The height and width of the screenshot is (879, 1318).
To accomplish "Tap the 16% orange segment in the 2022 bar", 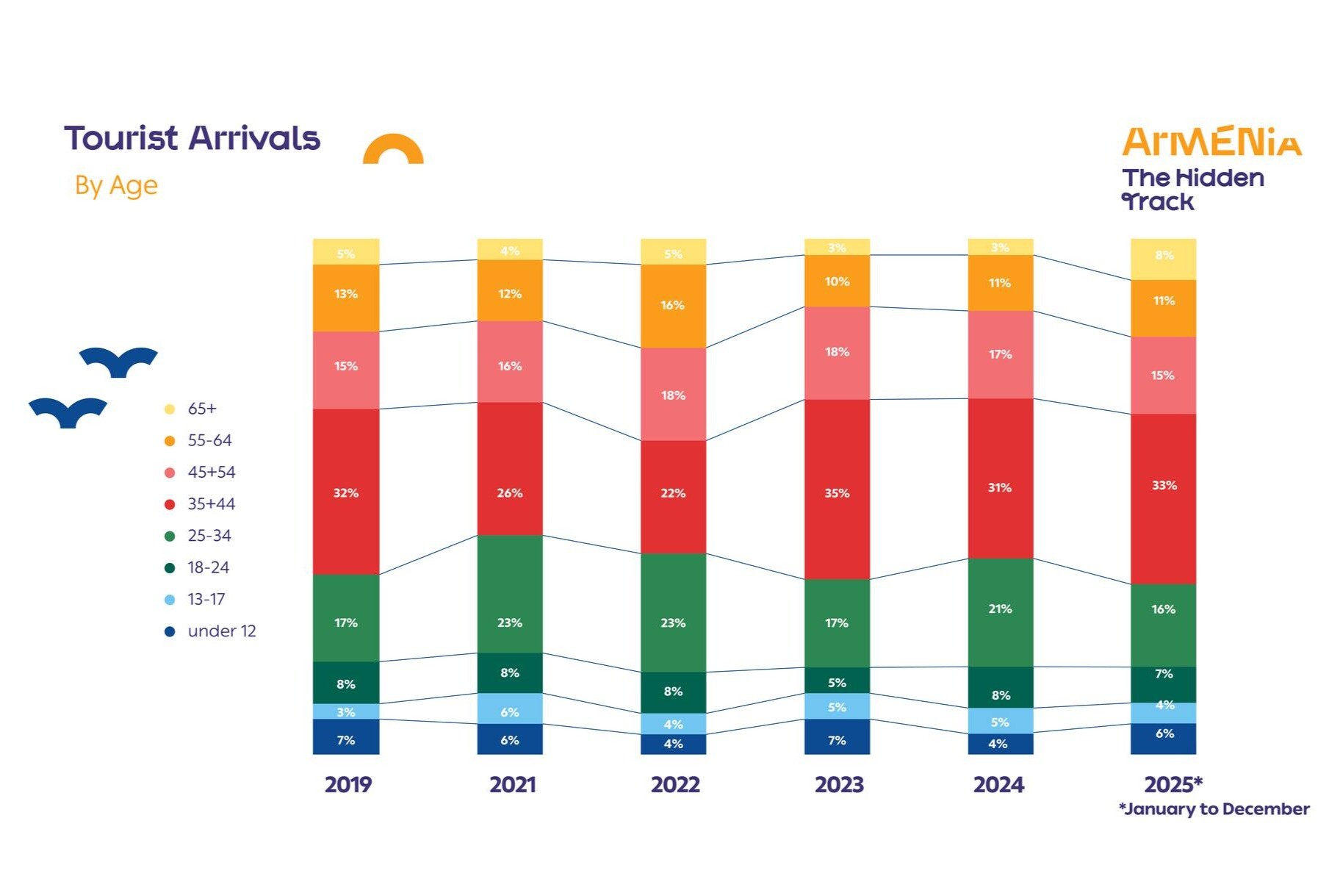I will [x=673, y=305].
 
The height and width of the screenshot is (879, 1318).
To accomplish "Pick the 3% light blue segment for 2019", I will [x=345, y=711].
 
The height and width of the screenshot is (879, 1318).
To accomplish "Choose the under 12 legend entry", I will [x=220, y=631].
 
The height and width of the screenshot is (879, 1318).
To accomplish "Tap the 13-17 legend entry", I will [x=205, y=600].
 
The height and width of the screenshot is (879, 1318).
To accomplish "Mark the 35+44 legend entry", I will [x=210, y=504].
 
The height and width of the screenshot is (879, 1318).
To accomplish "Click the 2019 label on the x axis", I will [x=347, y=785].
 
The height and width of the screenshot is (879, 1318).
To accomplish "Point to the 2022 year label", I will [x=675, y=785].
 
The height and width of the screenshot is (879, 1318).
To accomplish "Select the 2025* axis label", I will [x=1173, y=784].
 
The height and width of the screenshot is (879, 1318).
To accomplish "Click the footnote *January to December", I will [x=1213, y=809].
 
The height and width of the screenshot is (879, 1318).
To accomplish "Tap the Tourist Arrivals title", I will [x=192, y=138].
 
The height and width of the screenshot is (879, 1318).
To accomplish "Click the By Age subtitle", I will [x=116, y=185].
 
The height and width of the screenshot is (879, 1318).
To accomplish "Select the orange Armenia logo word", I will [x=1211, y=142].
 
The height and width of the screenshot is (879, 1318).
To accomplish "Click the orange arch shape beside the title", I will [x=393, y=149].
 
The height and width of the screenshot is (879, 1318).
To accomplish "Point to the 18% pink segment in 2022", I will [x=673, y=394].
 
